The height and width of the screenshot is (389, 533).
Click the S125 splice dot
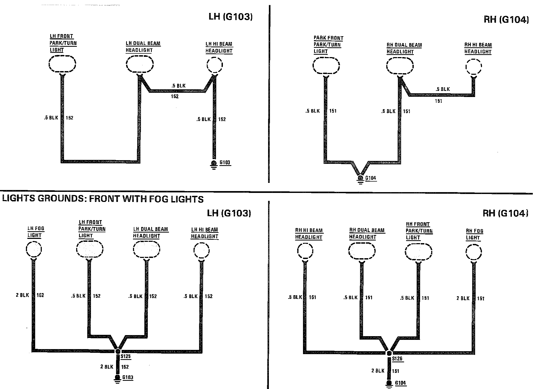coord(118,351)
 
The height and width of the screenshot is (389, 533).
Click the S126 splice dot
coord(389,353)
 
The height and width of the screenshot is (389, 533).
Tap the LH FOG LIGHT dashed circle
coord(34,249)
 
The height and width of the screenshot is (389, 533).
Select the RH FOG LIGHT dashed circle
coord(474,252)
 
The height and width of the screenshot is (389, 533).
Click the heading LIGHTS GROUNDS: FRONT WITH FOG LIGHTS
coord(103,199)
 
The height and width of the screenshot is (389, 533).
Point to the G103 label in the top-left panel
coord(225,162)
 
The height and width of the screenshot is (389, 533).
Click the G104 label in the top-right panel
coord(371,178)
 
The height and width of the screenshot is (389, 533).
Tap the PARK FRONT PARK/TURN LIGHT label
coord(328,45)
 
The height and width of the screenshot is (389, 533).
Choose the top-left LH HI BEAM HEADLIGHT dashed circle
coord(214,65)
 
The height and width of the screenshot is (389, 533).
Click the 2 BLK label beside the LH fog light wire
coord(22,295)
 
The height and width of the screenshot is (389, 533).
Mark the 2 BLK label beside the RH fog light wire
coord(463,298)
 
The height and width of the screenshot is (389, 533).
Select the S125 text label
coord(126,356)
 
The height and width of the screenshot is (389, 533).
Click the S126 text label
coord(397,359)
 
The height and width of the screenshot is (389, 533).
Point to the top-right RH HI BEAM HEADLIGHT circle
coord(474,67)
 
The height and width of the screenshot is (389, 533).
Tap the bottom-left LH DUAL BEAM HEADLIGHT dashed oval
coord(146,249)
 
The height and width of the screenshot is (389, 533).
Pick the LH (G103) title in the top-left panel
coord(230,17)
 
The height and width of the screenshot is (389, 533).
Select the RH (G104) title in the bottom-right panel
coord(505,213)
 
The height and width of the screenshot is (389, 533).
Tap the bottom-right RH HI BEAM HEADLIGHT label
coord(309,234)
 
